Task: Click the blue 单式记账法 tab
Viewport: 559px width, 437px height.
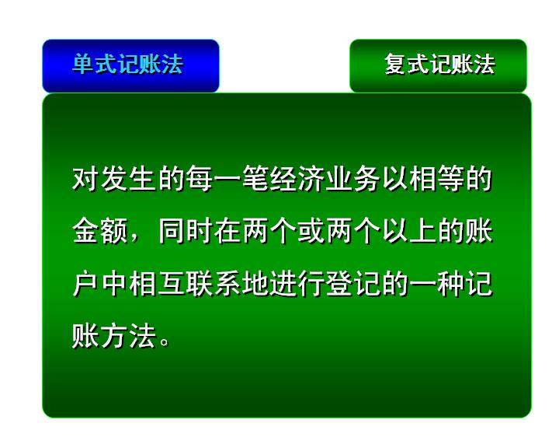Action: [130, 66]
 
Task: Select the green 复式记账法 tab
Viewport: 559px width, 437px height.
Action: [438, 66]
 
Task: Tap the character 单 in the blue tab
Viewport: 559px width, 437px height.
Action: [83, 65]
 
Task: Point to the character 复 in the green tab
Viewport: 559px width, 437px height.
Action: [395, 65]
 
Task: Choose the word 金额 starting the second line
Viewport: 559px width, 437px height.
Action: [100, 231]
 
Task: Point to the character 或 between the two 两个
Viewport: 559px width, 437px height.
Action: [311, 231]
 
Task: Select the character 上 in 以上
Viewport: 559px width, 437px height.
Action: [423, 231]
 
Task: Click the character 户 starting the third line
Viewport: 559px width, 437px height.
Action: [85, 284]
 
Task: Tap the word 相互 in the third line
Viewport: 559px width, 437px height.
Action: [156, 284]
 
